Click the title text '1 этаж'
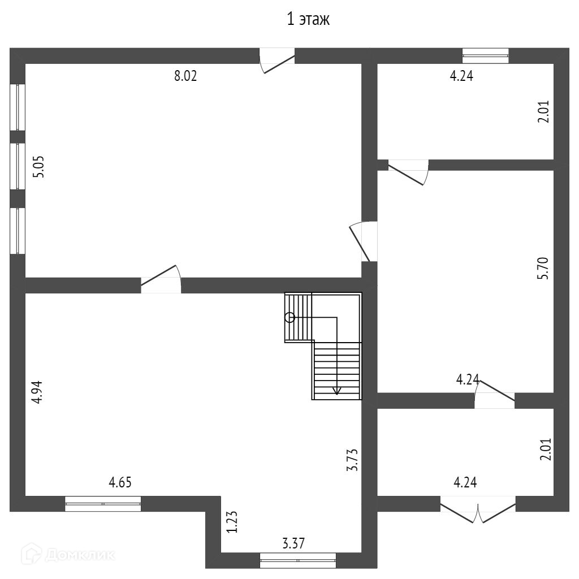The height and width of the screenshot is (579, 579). coord(308,20)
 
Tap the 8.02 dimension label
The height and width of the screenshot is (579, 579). coord(185,77)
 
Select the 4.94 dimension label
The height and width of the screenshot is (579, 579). coord(37,392)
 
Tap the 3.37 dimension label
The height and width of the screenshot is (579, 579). coord(293,544)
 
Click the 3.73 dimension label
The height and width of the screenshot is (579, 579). coord(353,459)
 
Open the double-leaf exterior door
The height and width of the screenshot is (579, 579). coord(478,510)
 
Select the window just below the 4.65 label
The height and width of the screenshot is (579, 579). coord(103,503)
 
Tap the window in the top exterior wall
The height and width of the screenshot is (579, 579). coord(485,55)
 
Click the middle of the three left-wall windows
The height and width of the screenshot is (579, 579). coord(18,166)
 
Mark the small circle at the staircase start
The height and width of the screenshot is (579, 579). coord(289,318)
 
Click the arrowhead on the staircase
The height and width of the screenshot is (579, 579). coord(337,391)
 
